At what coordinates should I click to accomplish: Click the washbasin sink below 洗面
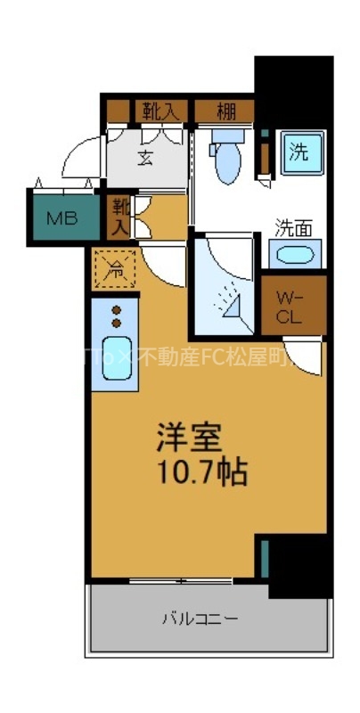293,256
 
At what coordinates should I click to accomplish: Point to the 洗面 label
293,227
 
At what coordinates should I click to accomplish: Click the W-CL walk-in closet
293,306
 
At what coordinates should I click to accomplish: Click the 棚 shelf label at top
226,111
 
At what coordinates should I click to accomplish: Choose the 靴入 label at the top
161,111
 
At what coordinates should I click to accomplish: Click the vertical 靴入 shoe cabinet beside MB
119,217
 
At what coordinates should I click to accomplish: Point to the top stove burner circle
117,310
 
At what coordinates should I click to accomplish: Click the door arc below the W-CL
303,356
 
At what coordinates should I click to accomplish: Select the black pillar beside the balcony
300,566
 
